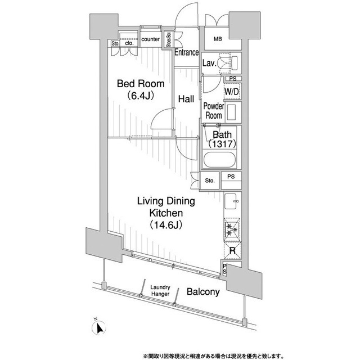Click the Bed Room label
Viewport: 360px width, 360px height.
(141, 84)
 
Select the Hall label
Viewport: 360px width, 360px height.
(186, 98)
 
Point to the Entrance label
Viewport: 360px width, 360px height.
(186, 53)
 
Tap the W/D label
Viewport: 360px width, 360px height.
(231, 91)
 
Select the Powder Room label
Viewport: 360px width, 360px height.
(213, 111)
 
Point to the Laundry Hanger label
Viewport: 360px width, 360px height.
(160, 290)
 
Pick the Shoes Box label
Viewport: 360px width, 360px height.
(168, 41)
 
